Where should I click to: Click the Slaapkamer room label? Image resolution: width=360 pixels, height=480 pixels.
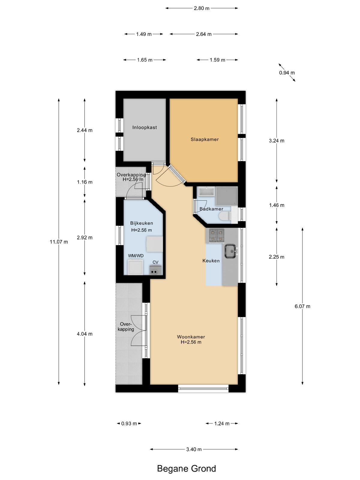click(x=205, y=139)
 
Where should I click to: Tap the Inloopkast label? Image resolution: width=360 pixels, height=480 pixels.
click(x=145, y=127)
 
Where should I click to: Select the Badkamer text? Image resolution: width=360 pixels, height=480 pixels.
click(x=211, y=209)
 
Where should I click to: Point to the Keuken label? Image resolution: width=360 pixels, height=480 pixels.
click(x=211, y=261)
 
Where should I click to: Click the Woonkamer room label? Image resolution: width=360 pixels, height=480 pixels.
click(x=191, y=337)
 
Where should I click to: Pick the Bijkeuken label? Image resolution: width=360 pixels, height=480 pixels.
click(x=141, y=223)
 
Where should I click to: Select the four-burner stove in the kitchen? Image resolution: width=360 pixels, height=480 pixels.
click(x=217, y=235)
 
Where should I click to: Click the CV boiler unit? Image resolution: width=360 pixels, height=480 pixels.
click(x=156, y=271)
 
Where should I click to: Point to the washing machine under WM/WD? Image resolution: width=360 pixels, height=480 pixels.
click(x=136, y=267)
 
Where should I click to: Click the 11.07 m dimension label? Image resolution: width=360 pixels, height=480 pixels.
click(x=59, y=241)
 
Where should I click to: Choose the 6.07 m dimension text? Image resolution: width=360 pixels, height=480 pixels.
click(x=302, y=306)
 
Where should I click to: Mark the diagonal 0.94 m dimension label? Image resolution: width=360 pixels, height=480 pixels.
click(x=287, y=73)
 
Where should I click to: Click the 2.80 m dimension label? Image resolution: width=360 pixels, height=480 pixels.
click(x=202, y=8)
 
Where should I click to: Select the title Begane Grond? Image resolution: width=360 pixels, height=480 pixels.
click(x=186, y=469)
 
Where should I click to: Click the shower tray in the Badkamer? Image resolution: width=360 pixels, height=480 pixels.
click(x=226, y=196)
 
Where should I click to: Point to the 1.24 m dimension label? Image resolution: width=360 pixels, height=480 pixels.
click(x=222, y=423)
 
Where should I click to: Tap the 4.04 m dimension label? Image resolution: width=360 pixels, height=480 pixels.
click(x=85, y=334)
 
